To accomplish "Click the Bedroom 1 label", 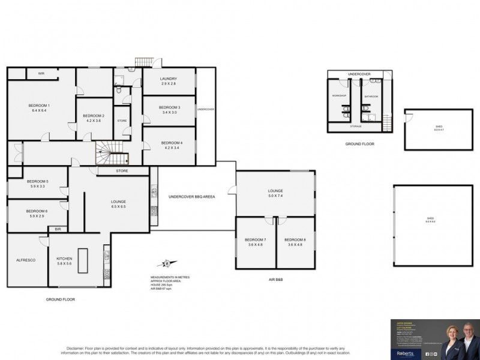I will click(x=39, y=106).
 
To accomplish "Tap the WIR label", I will click(x=41, y=73).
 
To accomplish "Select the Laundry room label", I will click(x=169, y=79).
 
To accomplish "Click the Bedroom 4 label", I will click(x=169, y=142).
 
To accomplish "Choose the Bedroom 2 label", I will click(x=94, y=116).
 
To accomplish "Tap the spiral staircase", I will click(x=112, y=153).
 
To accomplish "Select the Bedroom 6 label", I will click(x=37, y=211).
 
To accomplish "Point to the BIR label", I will click(x=58, y=229).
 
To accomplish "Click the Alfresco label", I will click(x=26, y=259).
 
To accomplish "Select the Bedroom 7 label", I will click(x=256, y=240).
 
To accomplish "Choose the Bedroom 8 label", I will click(x=295, y=240).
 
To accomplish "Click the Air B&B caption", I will click(x=275, y=280).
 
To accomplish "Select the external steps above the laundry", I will click(x=145, y=62).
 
